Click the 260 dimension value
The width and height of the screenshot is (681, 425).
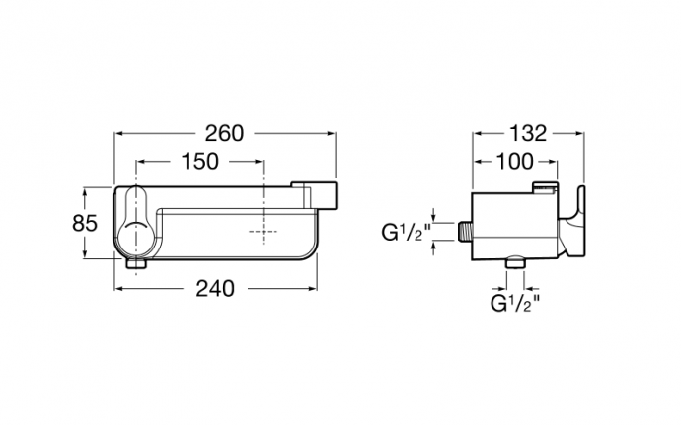[224, 134]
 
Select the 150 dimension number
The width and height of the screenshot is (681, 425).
[199, 162]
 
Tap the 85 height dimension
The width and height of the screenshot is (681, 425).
[85, 224]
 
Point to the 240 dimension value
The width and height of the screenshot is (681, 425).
[215, 288]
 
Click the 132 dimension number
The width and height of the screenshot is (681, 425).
[528, 134]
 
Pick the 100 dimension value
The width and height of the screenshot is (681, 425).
[514, 162]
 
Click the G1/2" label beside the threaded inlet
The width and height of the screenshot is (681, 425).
[406, 233]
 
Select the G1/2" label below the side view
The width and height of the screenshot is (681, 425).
[515, 303]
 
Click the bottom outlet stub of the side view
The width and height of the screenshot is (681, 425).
[515, 263]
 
